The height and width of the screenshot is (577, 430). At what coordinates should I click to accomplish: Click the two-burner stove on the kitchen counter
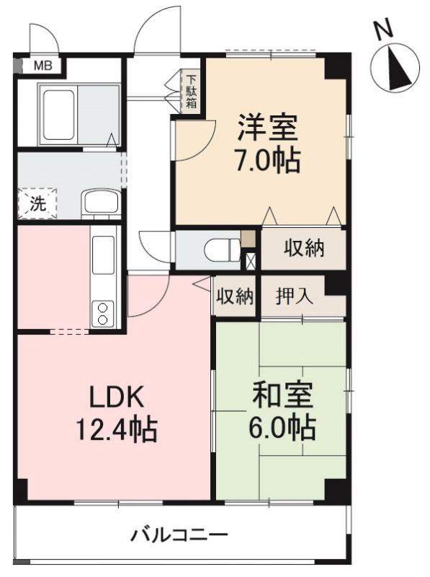103,312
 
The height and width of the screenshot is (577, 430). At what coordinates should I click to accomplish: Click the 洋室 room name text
268,129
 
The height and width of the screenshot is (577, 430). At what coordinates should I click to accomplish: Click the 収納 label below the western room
303,249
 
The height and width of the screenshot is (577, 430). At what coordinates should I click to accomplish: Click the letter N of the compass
383,30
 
